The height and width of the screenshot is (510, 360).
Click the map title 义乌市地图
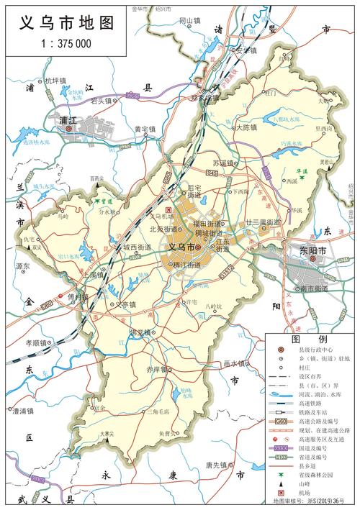[x=64, y=23]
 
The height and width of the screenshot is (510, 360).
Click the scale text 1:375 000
[x=64, y=43]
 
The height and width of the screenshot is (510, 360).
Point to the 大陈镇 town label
[x=246, y=127]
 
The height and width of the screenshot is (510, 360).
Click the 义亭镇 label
[x=125, y=305]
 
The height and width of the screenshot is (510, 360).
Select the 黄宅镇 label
[x=145, y=129]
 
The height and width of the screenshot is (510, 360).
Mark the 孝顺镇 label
[x=36, y=343]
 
